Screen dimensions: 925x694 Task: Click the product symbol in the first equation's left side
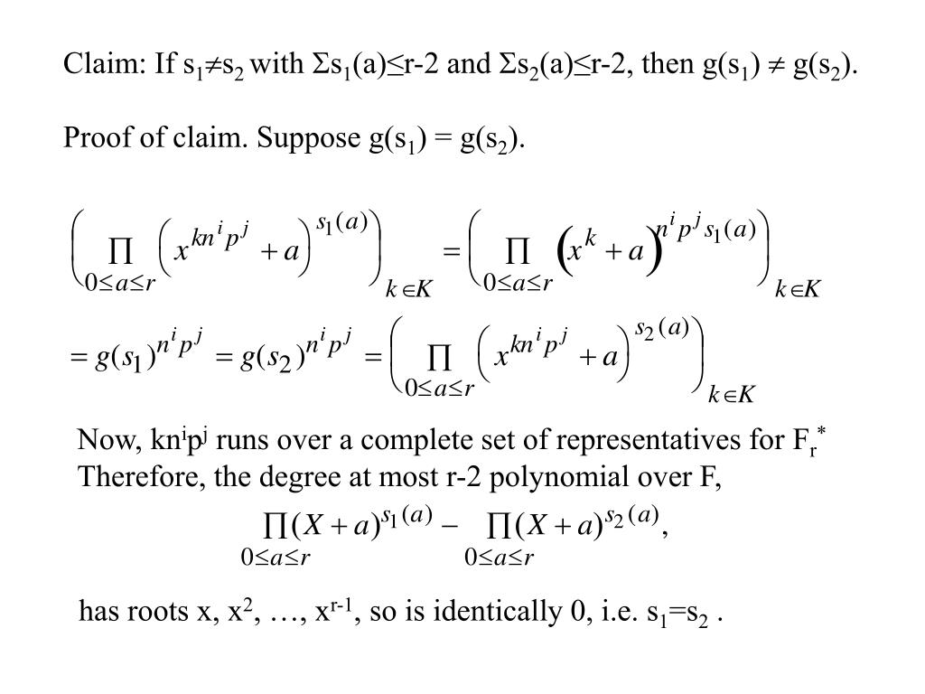click(120, 251)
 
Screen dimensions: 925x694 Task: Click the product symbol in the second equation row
click(439, 358)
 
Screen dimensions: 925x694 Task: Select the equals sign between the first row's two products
click(452, 251)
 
